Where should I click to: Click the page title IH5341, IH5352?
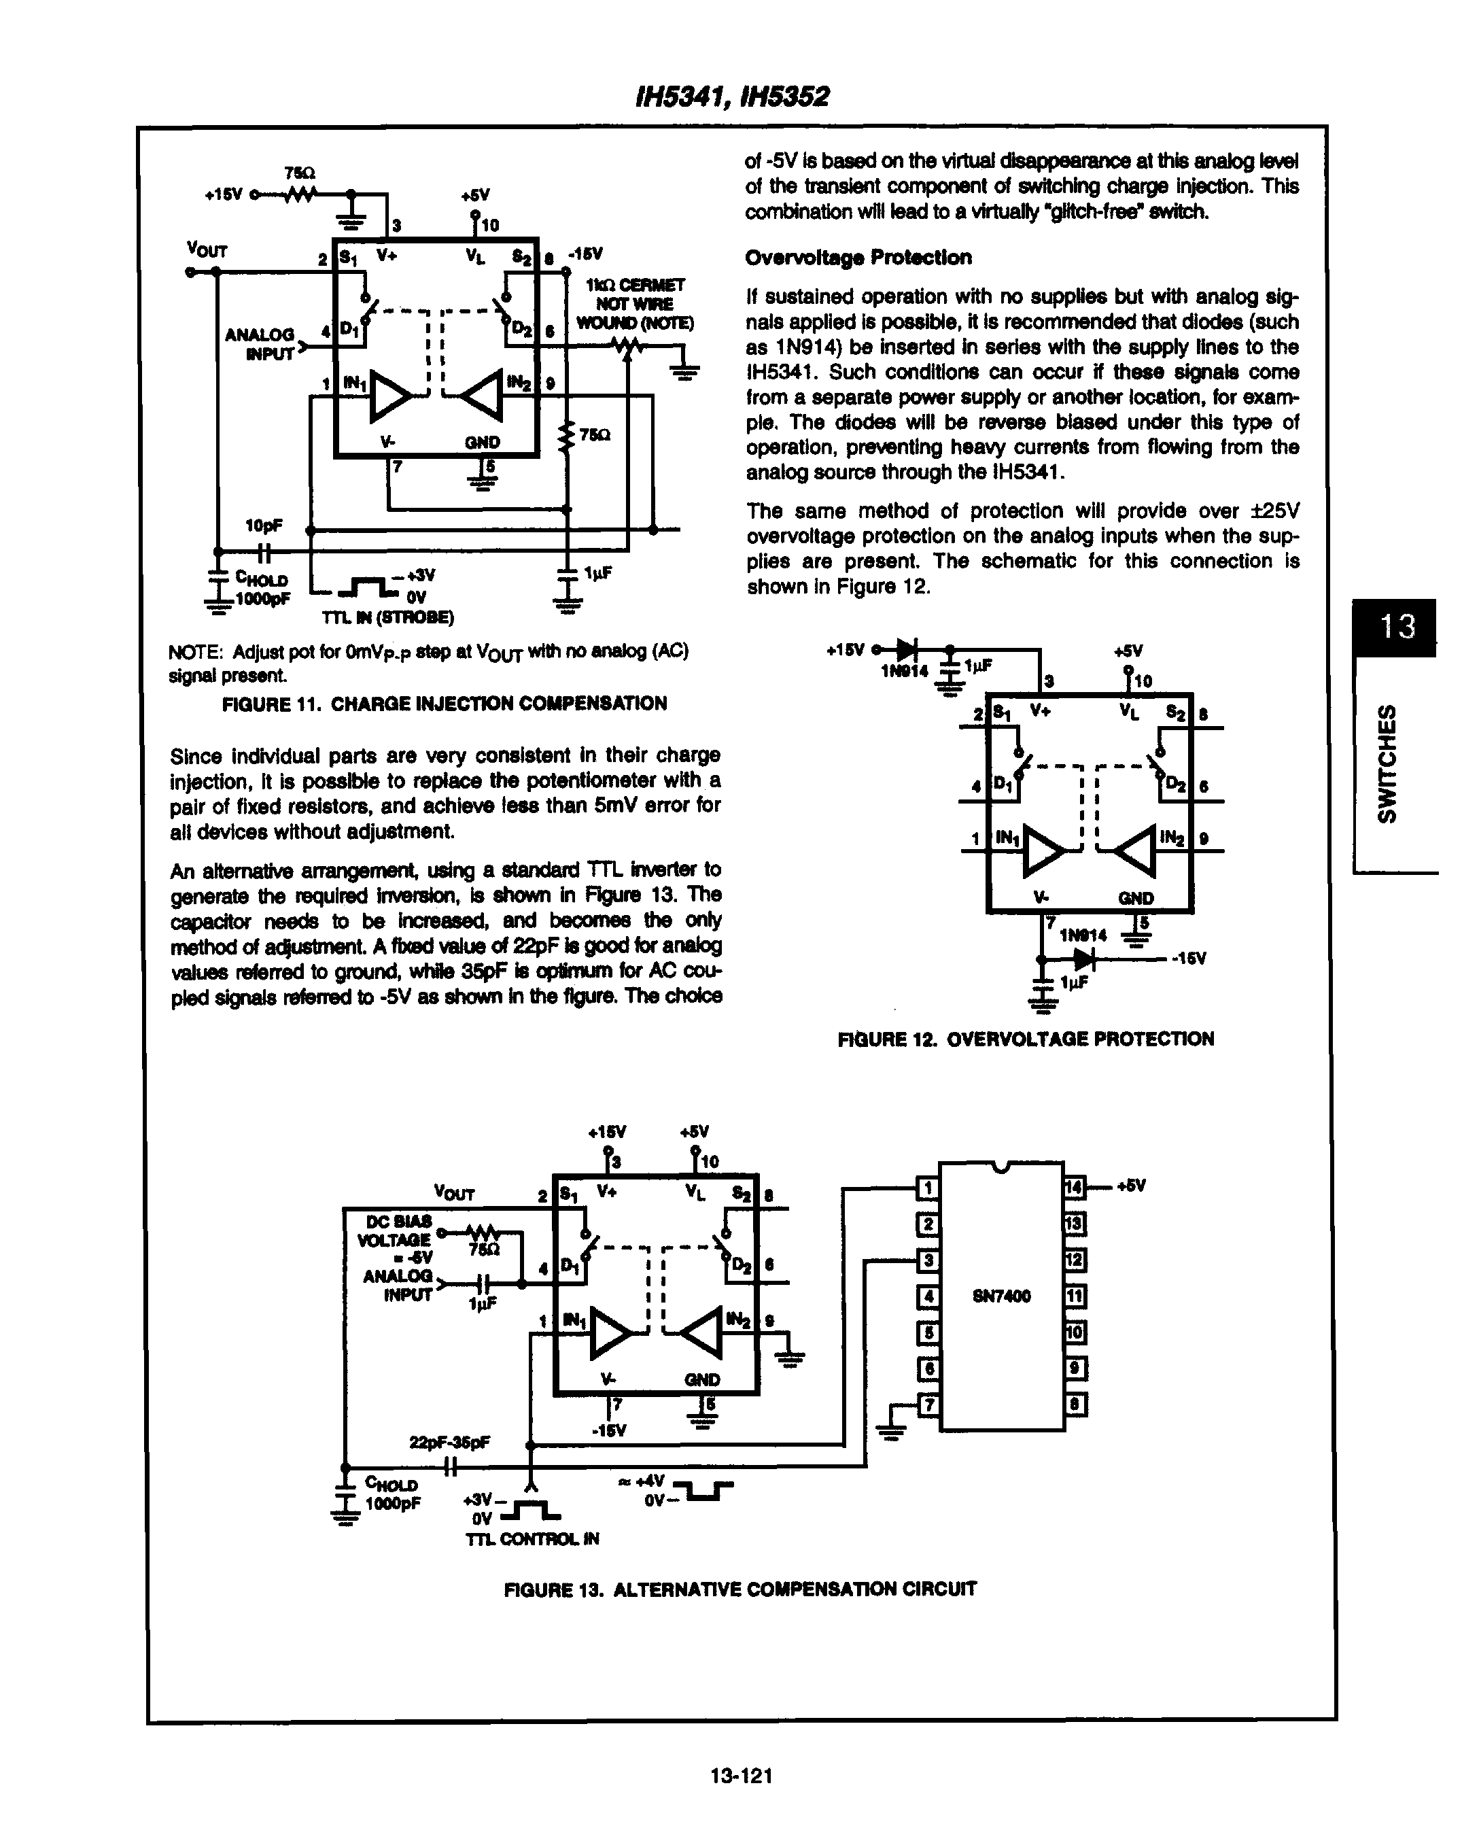coord(733,97)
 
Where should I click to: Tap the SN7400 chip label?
coord(1001,1296)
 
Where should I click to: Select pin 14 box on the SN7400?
coord(1073,1187)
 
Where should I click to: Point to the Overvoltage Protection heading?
coord(857,258)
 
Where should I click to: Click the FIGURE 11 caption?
coord(444,703)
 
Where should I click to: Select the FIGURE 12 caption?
coord(1026,1039)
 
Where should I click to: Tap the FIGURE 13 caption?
coord(739,1589)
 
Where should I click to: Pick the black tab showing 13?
coord(1394,627)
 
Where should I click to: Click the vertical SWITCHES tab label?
coord(1388,763)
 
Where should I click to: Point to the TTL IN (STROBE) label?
coord(387,617)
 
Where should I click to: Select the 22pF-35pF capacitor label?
coord(449,1443)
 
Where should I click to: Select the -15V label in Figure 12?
coord(1189,959)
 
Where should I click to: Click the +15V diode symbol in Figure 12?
coord(907,649)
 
